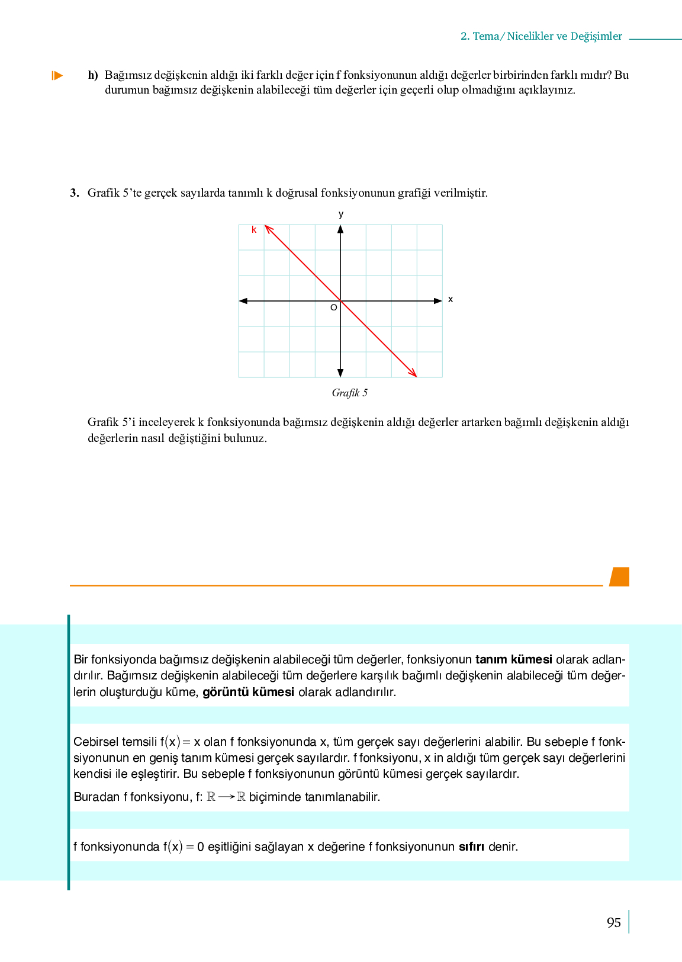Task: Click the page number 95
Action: click(613, 923)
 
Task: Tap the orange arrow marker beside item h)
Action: click(57, 75)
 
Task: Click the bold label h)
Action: click(93, 75)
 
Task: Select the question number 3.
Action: click(74, 193)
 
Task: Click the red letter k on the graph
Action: click(254, 230)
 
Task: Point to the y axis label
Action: click(341, 214)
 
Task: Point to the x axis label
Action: click(451, 299)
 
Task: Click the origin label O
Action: click(333, 307)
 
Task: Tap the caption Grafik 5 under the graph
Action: click(349, 393)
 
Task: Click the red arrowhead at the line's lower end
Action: click(413, 373)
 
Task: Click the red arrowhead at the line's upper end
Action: click(268, 228)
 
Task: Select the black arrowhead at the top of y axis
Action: click(340, 229)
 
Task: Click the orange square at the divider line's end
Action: click(619, 576)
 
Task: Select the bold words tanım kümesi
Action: click(513, 659)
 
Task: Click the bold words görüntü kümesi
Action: click(248, 692)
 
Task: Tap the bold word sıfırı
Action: click(471, 846)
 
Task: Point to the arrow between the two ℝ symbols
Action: click(226, 797)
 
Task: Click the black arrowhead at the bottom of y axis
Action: click(340, 373)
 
